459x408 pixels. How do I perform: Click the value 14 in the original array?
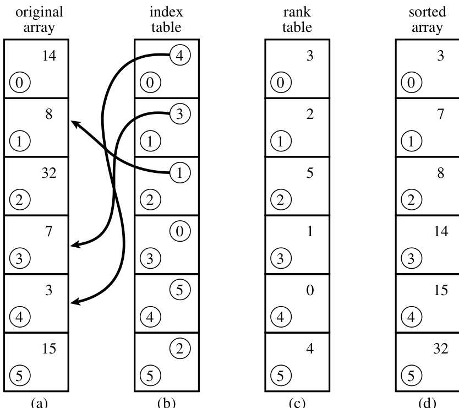[49, 56]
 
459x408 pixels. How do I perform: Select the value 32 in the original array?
[49, 173]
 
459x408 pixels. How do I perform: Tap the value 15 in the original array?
[49, 349]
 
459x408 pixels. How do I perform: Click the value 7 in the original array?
[49, 232]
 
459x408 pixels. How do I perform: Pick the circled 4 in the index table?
[180, 56]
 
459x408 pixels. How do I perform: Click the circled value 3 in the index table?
[180, 114]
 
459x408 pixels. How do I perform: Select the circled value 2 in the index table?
[180, 347]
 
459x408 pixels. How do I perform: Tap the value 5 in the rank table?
[310, 173]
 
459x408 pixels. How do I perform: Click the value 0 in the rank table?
[310, 290]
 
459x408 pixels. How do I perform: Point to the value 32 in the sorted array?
[441, 349]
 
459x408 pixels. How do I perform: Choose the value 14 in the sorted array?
[441, 232]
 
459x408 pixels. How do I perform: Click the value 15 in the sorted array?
[441, 290]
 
